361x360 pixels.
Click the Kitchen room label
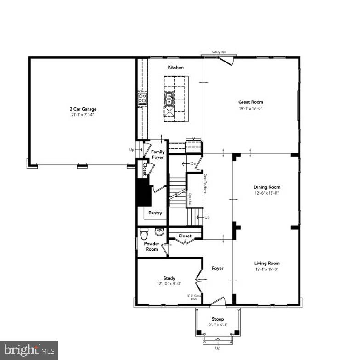(x=175, y=67)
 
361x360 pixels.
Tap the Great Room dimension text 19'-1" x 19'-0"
(x=250, y=108)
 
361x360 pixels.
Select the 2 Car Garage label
(x=83, y=109)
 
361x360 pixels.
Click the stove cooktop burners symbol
(x=142, y=98)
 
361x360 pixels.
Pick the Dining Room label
(x=267, y=187)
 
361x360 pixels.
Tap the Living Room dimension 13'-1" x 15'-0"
(x=267, y=270)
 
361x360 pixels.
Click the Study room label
(x=169, y=278)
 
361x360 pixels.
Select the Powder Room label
(x=152, y=247)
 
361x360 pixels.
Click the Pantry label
(x=155, y=213)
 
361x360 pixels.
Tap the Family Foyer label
(x=158, y=155)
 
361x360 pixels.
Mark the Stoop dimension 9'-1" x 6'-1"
(x=218, y=325)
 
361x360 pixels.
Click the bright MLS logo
(x=29, y=350)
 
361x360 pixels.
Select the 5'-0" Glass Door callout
(x=193, y=297)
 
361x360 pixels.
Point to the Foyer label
(x=217, y=268)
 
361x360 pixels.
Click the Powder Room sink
(x=159, y=231)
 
